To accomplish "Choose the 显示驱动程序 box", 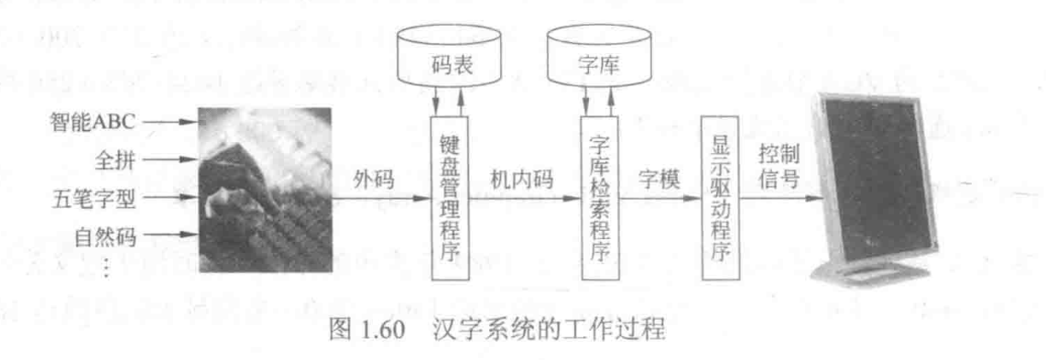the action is pos(718,198).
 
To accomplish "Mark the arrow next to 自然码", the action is pos(169,237).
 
